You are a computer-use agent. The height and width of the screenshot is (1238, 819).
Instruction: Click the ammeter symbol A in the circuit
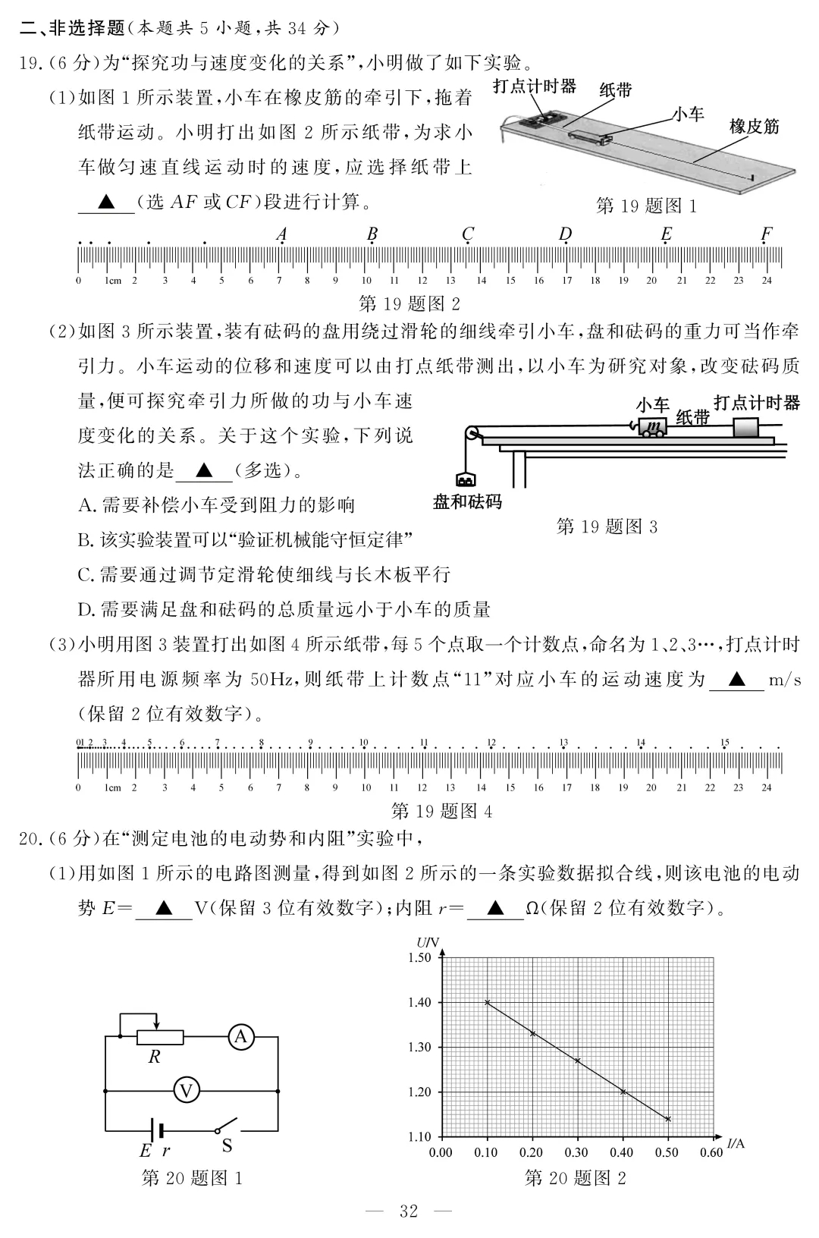click(241, 1036)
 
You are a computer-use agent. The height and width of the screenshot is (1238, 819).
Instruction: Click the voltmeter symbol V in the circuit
click(186, 1091)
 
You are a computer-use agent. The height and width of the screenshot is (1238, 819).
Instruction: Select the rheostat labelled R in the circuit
click(159, 1037)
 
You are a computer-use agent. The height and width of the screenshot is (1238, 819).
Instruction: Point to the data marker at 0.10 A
click(487, 1002)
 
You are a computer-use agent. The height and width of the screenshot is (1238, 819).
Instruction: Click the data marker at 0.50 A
click(668, 1119)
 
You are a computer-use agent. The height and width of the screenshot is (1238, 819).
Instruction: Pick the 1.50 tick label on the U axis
click(419, 957)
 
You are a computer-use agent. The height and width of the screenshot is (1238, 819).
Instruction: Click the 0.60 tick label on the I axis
click(711, 1153)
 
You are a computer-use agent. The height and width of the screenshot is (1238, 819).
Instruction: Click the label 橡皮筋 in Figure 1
click(754, 126)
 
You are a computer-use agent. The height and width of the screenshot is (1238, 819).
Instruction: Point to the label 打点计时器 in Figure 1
click(534, 86)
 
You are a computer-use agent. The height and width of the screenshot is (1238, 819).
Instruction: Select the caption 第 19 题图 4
click(441, 812)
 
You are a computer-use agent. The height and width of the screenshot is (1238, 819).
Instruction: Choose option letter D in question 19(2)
click(86, 609)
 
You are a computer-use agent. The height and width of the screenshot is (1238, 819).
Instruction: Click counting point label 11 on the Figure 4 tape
click(424, 743)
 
